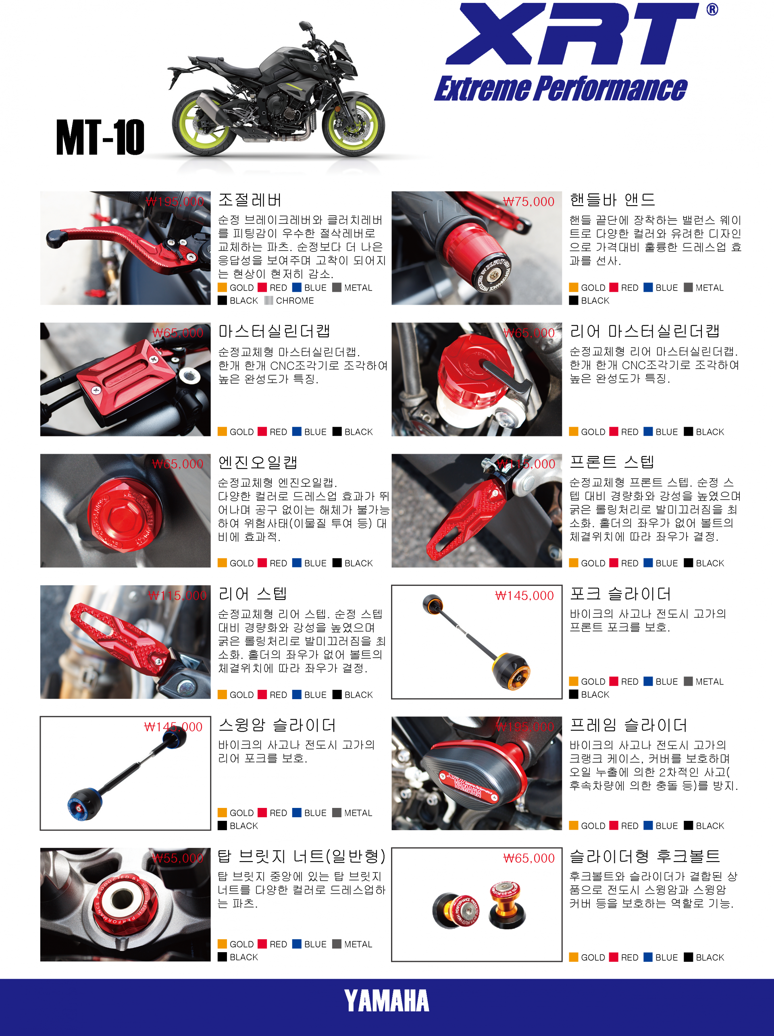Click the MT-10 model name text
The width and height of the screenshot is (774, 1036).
100,137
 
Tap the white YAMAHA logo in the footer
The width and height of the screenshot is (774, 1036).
387,1001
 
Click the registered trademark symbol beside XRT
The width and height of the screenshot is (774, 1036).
712,9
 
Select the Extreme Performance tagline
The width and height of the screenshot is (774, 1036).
560,88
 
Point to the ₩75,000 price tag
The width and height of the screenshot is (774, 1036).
528,202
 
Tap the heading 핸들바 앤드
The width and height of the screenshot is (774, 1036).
612,200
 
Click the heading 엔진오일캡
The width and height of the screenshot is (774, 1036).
258,463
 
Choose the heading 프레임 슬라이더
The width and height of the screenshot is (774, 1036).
628,725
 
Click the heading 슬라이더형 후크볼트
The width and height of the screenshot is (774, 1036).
645,857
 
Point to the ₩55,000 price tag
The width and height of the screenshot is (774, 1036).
178,858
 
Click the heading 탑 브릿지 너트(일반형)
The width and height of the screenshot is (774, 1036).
302,857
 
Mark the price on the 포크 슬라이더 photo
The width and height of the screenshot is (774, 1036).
524,596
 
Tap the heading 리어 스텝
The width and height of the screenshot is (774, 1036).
252,594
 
